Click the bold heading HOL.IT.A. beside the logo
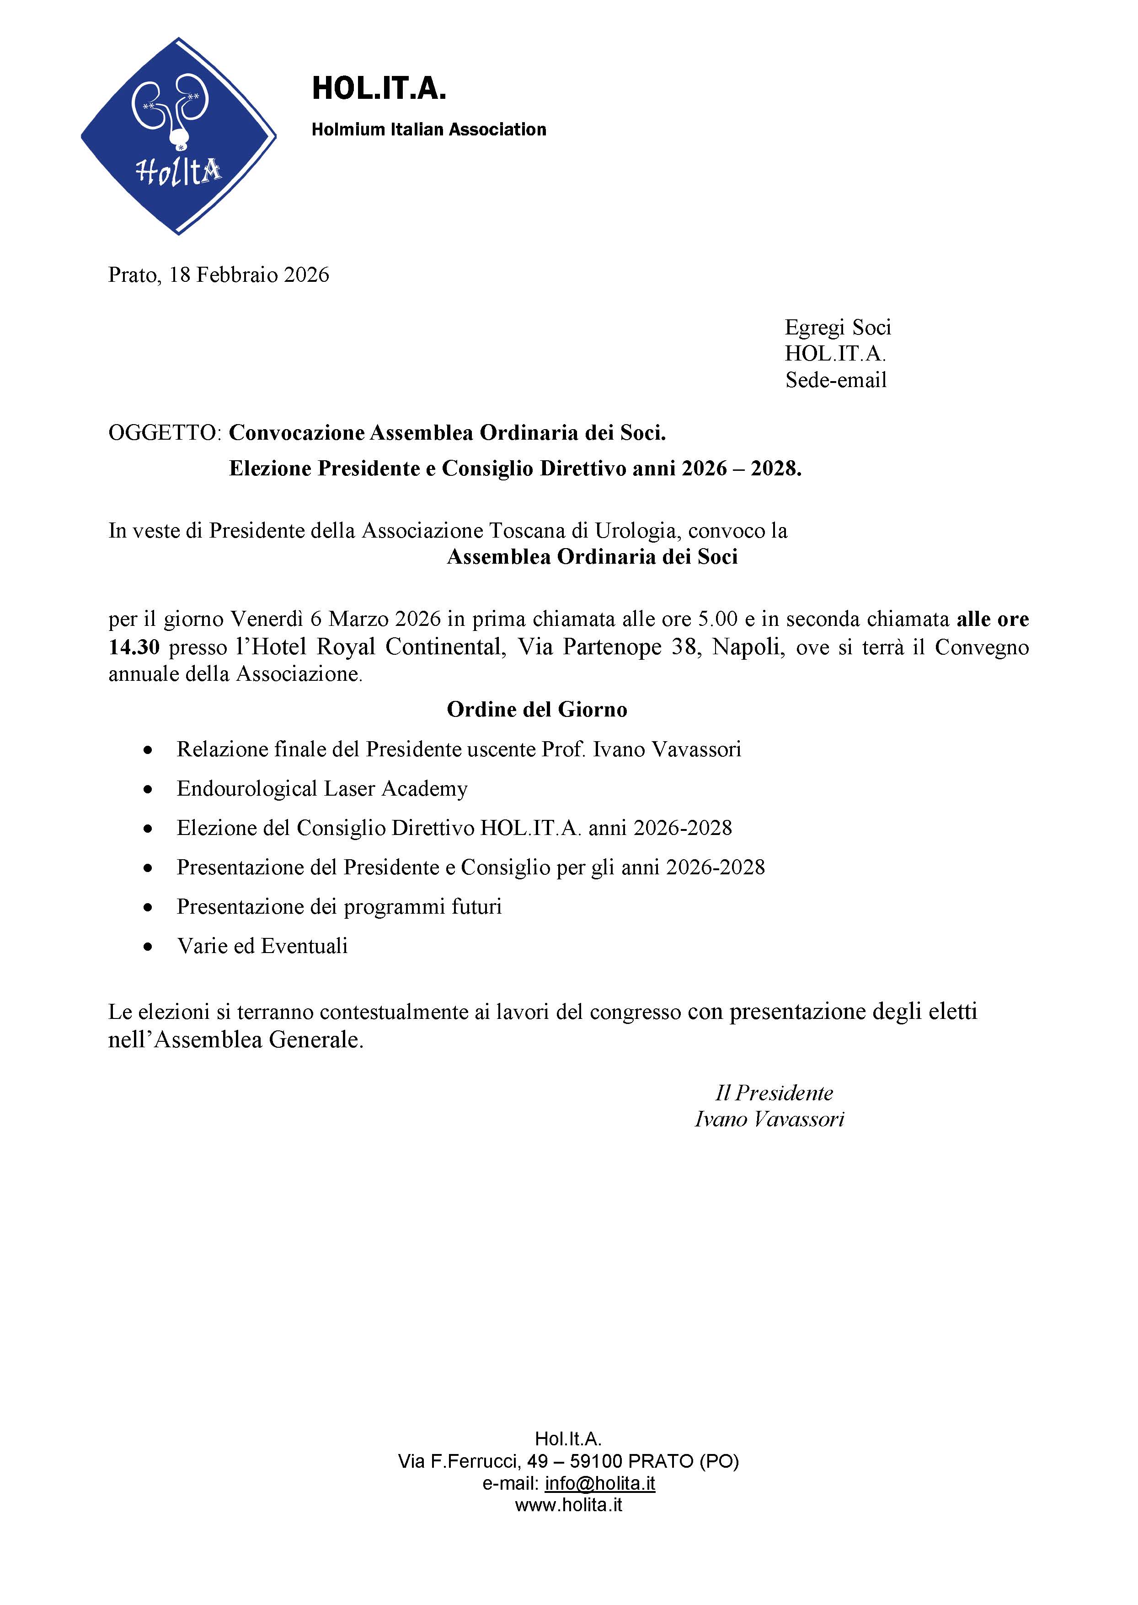tap(379, 89)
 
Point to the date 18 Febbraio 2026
tap(249, 275)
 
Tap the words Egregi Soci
tap(837, 328)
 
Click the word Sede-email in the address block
tap(835, 380)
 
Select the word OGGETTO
tap(163, 433)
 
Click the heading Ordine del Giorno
tap(537, 710)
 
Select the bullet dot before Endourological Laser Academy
tap(147, 790)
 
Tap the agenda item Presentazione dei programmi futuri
tap(339, 907)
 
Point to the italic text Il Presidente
tap(774, 1093)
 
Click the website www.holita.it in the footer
tap(568, 1505)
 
